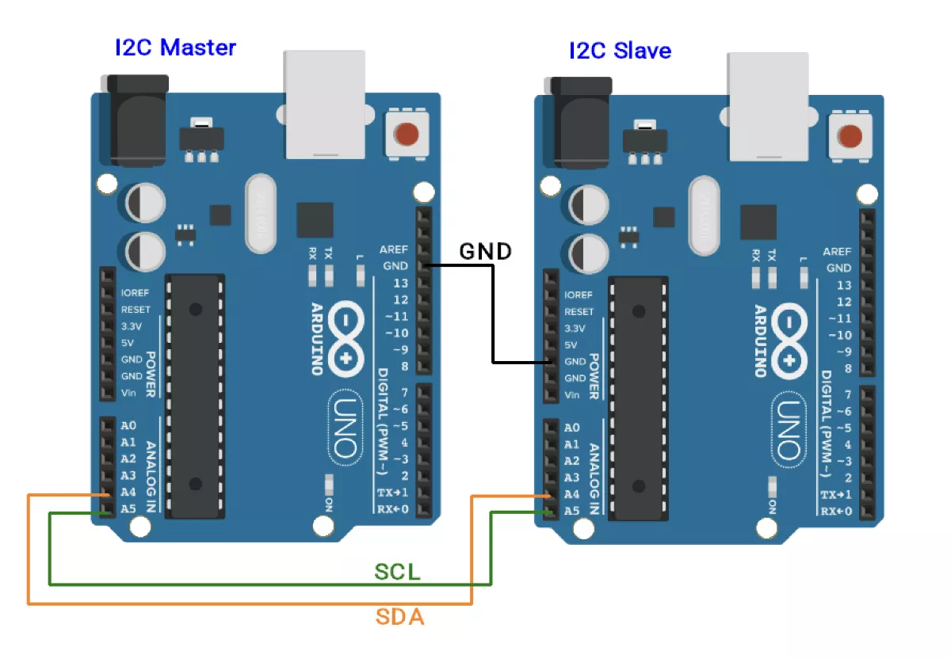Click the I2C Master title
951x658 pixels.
(175, 48)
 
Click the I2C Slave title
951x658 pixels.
(620, 51)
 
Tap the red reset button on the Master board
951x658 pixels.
(406, 134)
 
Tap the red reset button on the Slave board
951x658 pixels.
(850, 136)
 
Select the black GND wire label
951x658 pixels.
(485, 252)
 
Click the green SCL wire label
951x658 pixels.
(397, 572)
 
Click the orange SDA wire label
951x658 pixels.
(399, 617)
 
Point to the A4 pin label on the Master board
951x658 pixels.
(128, 492)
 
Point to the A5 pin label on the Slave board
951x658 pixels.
(572, 511)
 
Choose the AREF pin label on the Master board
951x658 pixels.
(394, 249)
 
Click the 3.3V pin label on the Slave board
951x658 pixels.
(575, 329)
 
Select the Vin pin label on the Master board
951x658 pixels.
(129, 393)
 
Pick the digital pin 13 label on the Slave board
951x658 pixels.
(844, 285)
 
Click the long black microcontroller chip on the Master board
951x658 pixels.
(195, 396)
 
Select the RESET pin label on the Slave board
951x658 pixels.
(579, 312)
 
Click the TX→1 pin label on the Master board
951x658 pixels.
(392, 493)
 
